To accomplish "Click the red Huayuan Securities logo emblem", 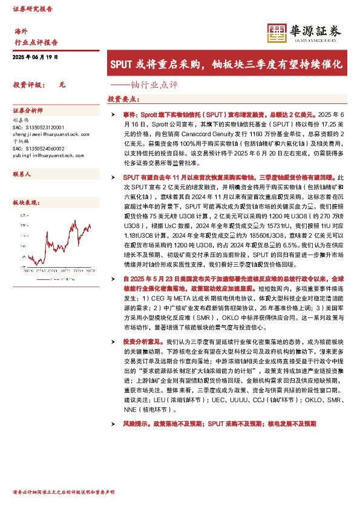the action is [x=278, y=33].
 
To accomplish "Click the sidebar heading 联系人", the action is [x=22, y=174].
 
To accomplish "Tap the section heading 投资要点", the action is [x=123, y=99].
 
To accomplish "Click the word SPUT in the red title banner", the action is [x=123, y=63].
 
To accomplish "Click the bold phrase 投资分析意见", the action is [x=139, y=342].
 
